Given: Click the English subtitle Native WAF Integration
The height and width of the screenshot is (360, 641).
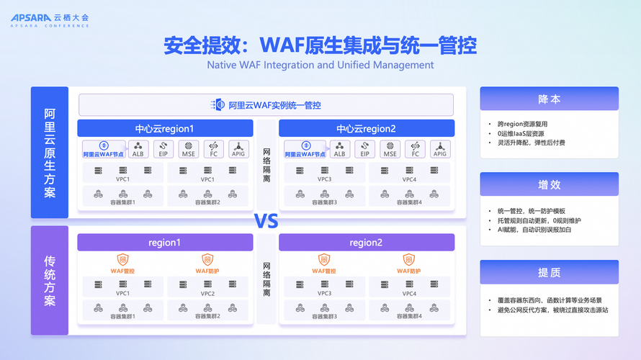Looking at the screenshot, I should pyautogui.click(x=320, y=65).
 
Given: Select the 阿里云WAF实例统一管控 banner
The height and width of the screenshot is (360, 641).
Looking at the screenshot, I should pyautogui.click(x=266, y=105).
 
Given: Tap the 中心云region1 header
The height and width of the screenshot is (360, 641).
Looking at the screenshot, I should pyautogui.click(x=165, y=129).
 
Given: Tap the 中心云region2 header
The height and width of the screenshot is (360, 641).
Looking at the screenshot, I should pyautogui.click(x=366, y=129).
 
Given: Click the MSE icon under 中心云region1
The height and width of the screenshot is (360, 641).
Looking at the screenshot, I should pyautogui.click(x=189, y=149).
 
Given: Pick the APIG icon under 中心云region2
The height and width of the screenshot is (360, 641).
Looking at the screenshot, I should pyautogui.click(x=440, y=149).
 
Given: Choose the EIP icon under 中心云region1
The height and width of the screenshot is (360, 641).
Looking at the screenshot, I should pyautogui.click(x=163, y=149).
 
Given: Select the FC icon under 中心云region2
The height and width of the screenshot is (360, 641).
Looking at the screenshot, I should pyautogui.click(x=415, y=149).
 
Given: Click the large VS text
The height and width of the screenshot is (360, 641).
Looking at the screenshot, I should pyautogui.click(x=266, y=220).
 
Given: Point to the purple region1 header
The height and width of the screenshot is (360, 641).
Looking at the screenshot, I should pyautogui.click(x=165, y=243).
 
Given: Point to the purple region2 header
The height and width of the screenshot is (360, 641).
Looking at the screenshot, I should pyautogui.click(x=366, y=243).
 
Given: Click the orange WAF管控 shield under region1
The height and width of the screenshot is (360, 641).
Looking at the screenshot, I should pyautogui.click(x=123, y=260).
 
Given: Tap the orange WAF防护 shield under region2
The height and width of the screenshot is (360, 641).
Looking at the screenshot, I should pyautogui.click(x=408, y=260).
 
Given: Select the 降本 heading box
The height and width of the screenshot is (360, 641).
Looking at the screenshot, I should pyautogui.click(x=549, y=99).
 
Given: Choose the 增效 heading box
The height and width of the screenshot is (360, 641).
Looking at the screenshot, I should pyautogui.click(x=549, y=184).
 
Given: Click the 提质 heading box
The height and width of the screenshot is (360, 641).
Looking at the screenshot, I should pyautogui.click(x=549, y=272).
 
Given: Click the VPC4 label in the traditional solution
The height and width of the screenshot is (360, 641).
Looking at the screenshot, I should pyautogui.click(x=409, y=294).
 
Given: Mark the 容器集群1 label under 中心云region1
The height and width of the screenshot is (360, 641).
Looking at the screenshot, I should pyautogui.click(x=123, y=202).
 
